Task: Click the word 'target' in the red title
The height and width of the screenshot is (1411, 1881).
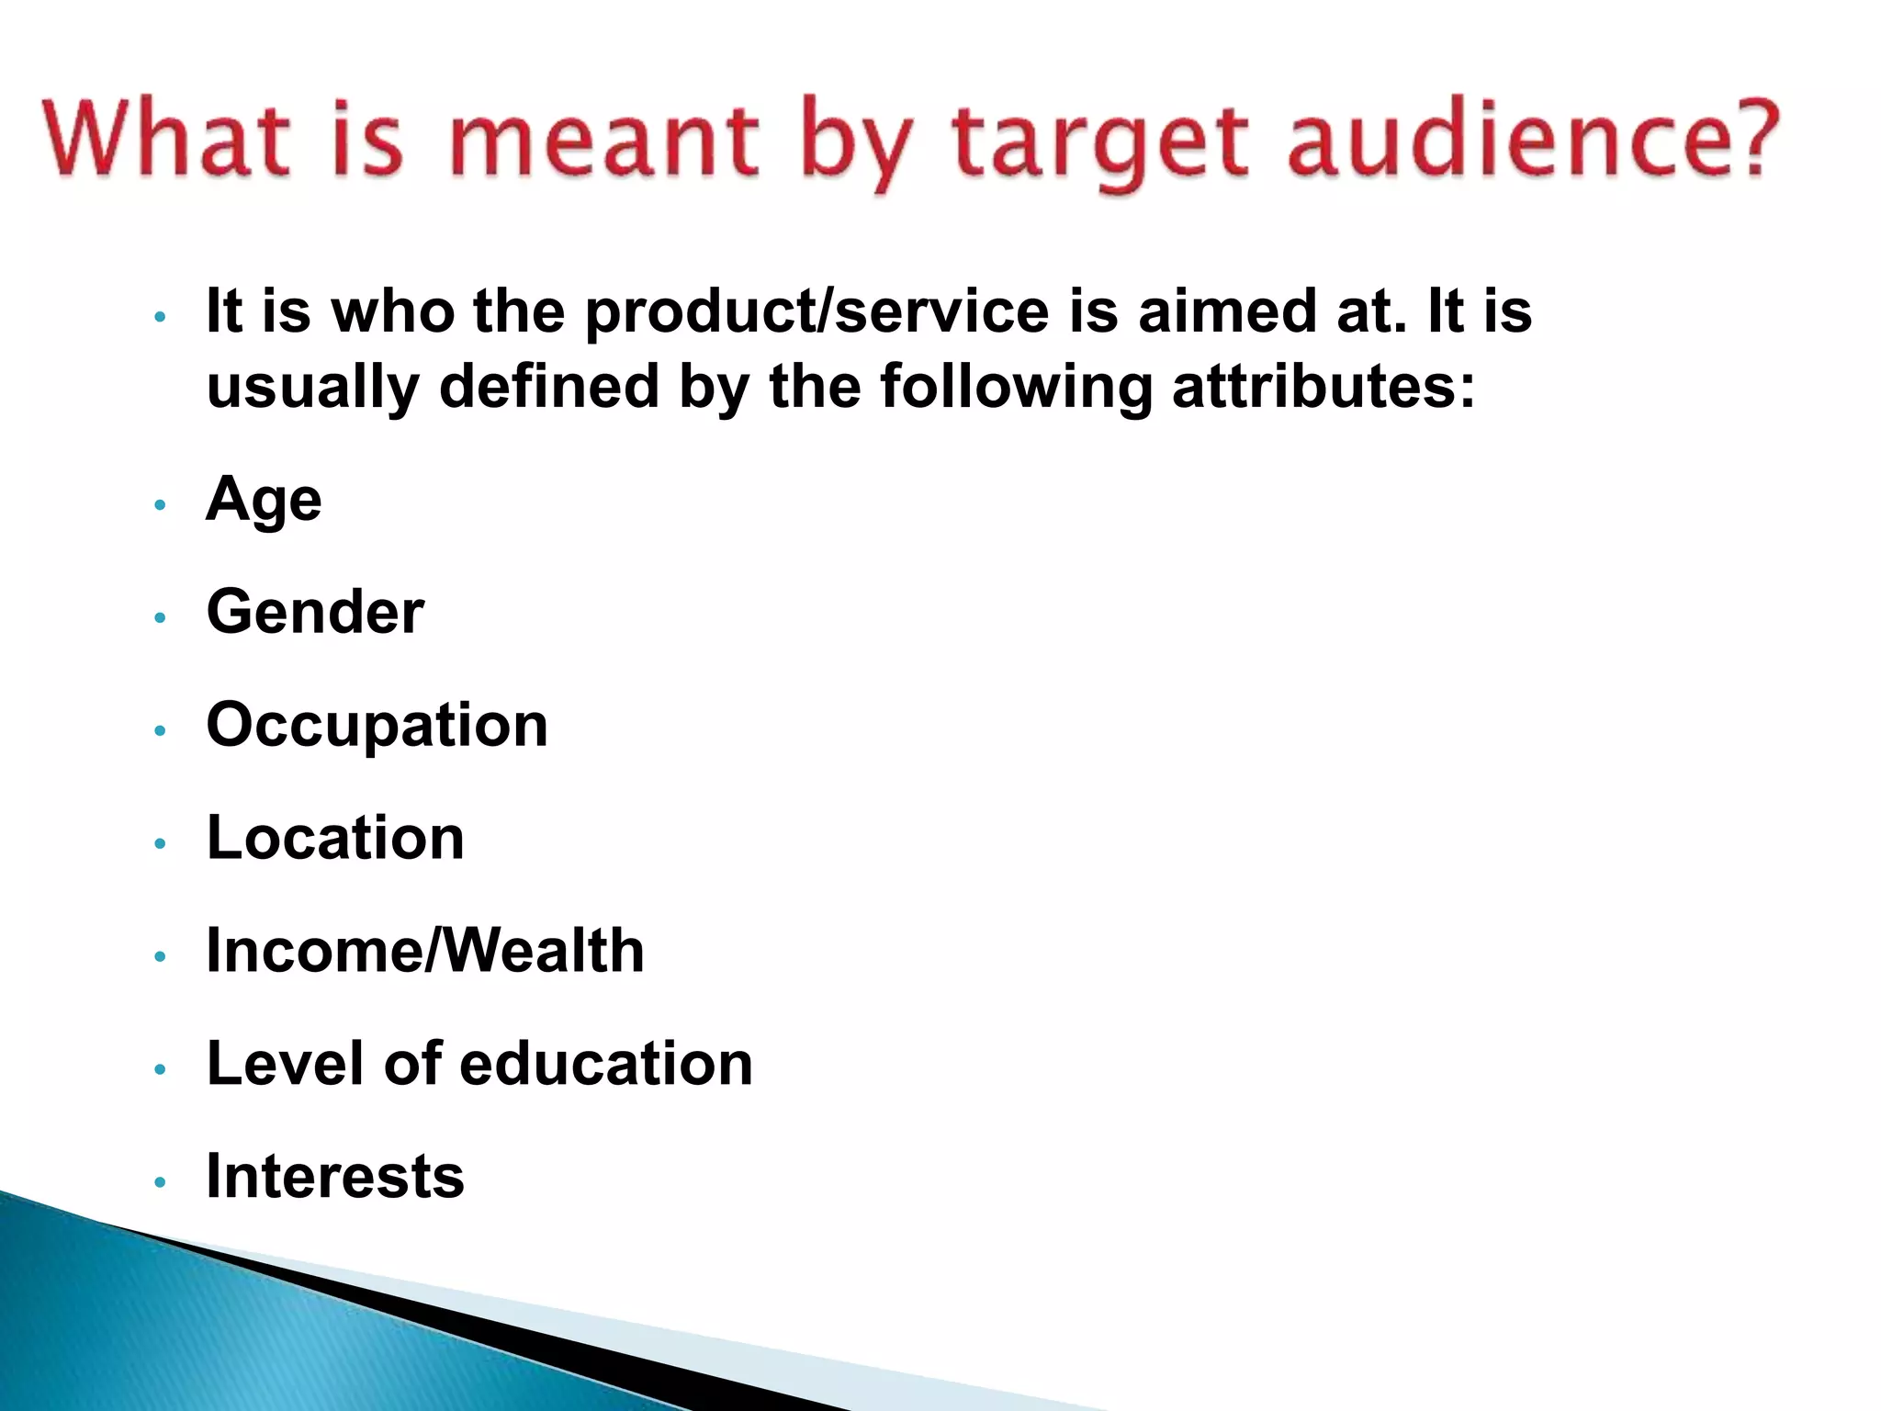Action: (1099, 142)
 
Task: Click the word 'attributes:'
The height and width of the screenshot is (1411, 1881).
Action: (1323, 386)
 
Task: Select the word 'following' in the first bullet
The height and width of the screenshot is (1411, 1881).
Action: (1016, 388)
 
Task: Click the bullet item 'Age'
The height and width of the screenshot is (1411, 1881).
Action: (264, 501)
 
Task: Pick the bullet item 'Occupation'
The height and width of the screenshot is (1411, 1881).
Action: (377, 727)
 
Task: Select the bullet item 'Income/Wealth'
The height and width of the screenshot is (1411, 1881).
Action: (425, 951)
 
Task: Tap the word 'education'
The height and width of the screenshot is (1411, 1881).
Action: (606, 1064)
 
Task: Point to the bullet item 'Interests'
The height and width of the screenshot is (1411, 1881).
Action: (335, 1177)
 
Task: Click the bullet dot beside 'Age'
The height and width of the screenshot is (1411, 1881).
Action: (161, 505)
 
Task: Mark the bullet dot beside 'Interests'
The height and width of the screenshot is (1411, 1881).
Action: (161, 1181)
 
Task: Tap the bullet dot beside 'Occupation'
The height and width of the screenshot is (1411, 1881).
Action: (161, 731)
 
